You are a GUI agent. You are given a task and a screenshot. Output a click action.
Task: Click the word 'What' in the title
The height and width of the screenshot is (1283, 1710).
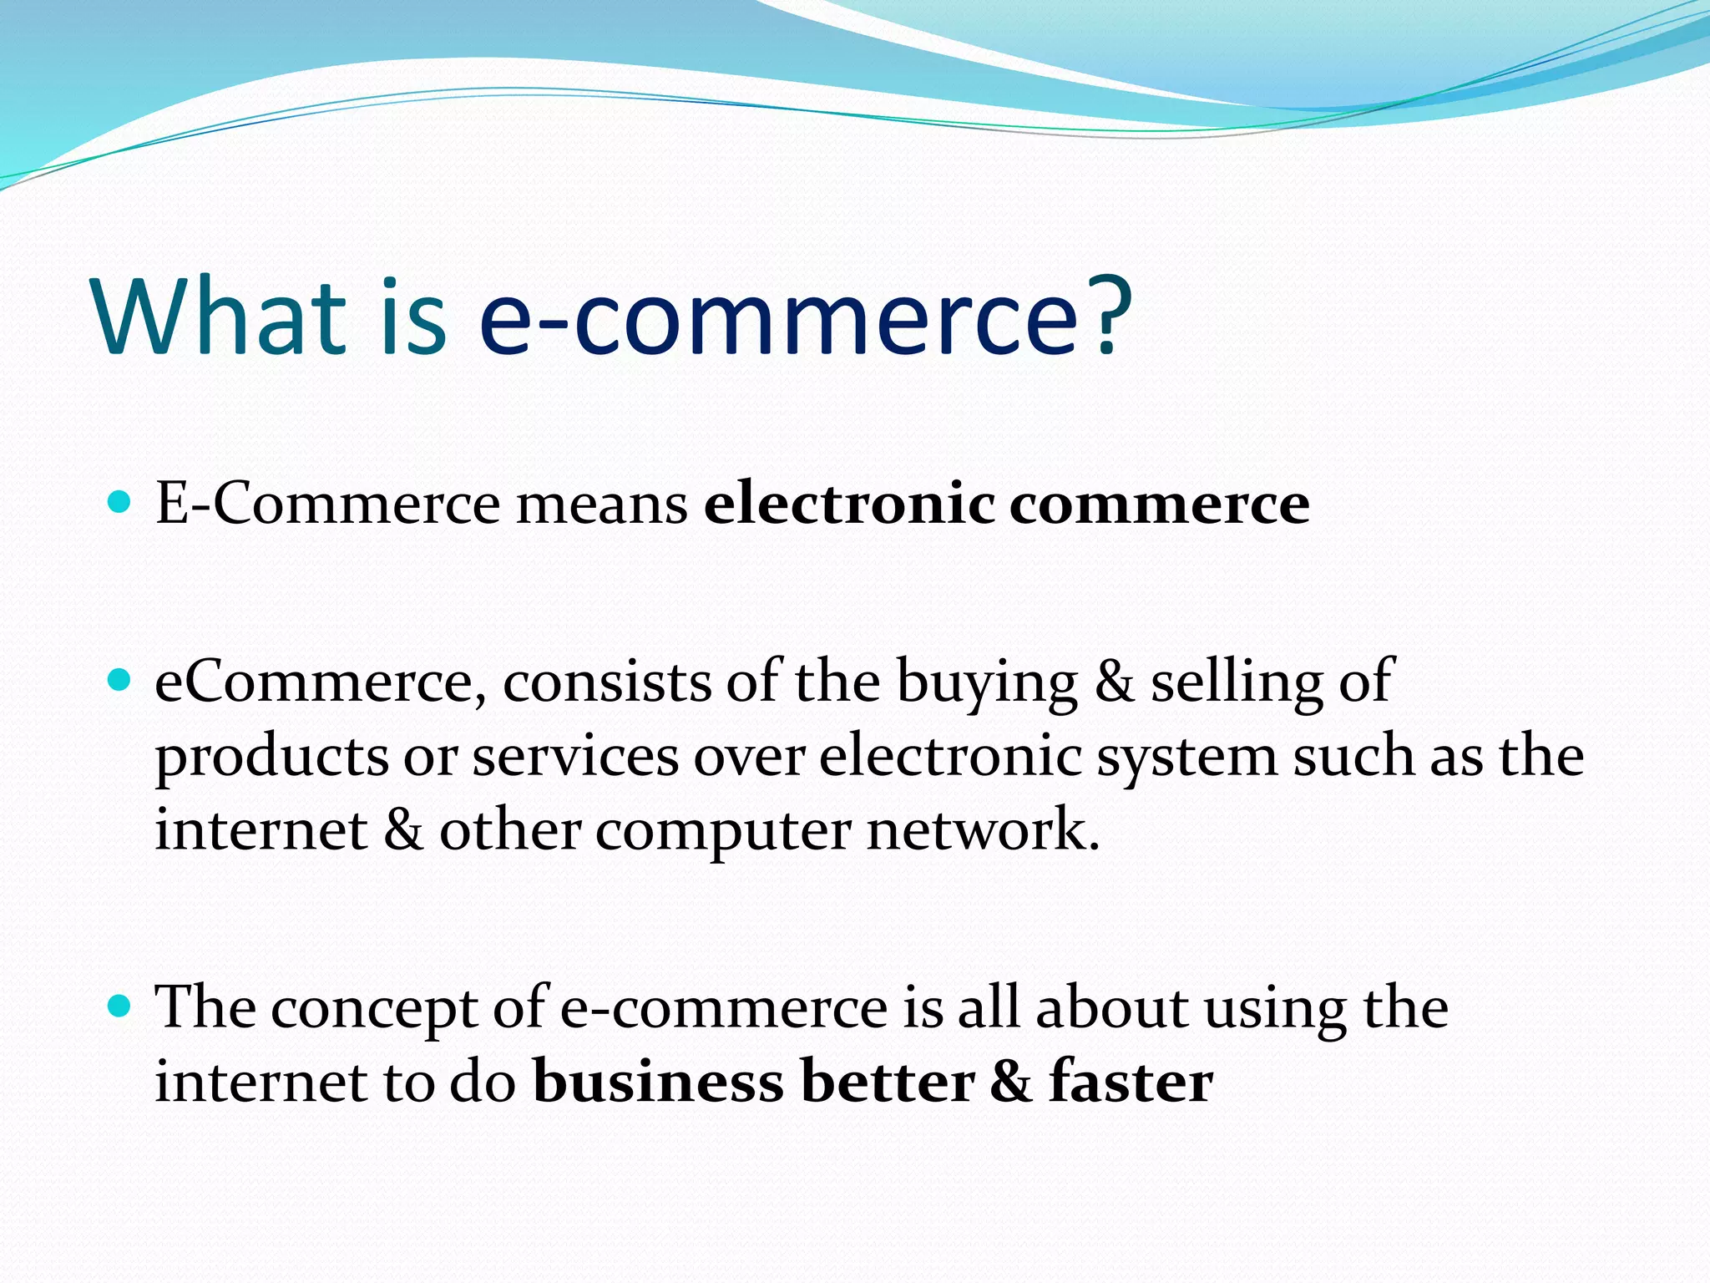point(219,318)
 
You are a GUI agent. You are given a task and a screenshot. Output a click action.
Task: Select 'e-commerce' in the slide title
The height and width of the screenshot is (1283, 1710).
point(780,318)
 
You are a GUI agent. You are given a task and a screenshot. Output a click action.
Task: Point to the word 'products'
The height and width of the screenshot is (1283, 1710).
point(272,757)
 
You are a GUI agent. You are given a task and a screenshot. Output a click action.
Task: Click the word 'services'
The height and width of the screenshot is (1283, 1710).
point(575,756)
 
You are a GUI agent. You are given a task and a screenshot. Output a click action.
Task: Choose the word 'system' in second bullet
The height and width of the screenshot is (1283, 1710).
point(1186,757)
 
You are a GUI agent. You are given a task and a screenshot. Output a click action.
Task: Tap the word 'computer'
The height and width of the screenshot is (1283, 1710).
point(723,831)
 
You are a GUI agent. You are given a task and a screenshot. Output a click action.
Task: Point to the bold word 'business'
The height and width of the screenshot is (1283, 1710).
point(659,1082)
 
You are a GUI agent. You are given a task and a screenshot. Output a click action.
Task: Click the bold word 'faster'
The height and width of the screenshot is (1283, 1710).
point(1131,1082)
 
